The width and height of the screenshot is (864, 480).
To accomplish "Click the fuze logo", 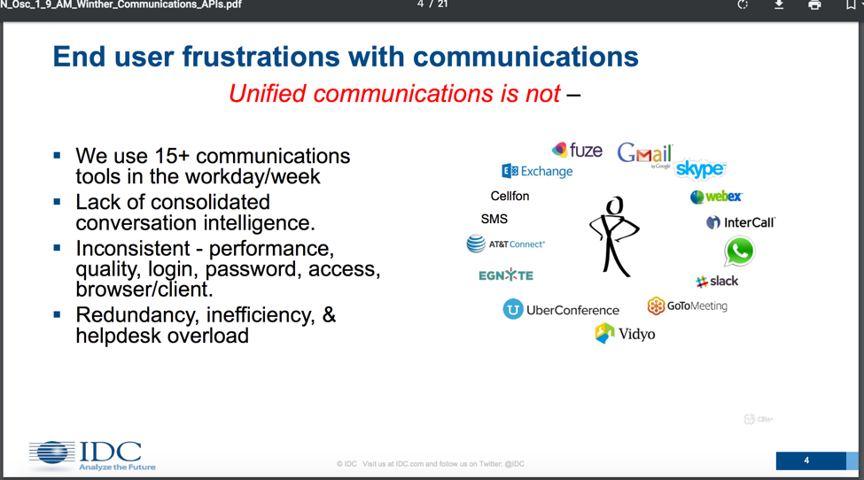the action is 577,150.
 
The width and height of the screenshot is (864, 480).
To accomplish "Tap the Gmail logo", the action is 645,153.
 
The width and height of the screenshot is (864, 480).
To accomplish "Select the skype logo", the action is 700,169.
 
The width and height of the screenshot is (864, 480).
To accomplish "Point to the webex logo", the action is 716,197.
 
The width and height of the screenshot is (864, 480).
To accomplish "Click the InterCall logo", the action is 741,222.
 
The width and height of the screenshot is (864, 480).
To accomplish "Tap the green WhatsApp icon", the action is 739,251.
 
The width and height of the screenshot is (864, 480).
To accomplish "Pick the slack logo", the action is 716,282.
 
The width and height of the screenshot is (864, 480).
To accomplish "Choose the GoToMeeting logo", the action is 687,306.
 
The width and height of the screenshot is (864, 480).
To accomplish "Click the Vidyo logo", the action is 625,334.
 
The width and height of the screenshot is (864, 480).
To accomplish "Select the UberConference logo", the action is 561,309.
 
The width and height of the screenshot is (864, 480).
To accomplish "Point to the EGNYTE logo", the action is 506,275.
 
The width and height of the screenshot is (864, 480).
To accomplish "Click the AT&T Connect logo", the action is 505,244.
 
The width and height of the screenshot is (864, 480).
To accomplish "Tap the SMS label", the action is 494,219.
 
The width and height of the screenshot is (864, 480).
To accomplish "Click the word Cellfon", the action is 510,196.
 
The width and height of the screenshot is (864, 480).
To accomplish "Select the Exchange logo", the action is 537,171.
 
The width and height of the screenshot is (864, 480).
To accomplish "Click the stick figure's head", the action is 614,205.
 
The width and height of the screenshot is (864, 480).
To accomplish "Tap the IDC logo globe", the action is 51,453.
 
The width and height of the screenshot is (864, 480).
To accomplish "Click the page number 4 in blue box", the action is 806,461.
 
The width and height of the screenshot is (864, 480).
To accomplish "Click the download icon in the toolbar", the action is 779,5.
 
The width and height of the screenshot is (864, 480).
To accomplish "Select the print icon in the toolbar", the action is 814,5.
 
